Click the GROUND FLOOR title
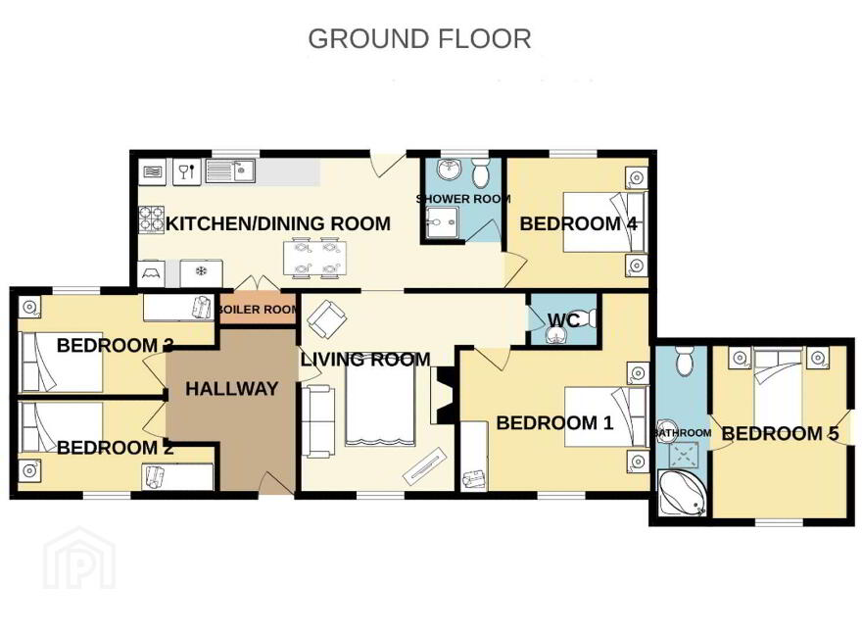click(x=419, y=39)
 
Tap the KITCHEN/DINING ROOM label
click(x=278, y=223)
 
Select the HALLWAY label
click(x=231, y=389)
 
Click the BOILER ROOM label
click(x=259, y=309)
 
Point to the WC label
click(x=563, y=319)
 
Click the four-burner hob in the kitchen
click(x=151, y=219)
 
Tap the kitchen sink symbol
click(x=230, y=171)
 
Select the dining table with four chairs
click(x=315, y=257)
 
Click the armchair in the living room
click(x=326, y=319)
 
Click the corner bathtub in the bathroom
click(x=682, y=493)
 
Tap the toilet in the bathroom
click(x=685, y=361)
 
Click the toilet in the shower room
click(x=482, y=172)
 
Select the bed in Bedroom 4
click(x=604, y=221)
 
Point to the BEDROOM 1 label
click(x=554, y=423)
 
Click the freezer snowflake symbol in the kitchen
click(x=201, y=271)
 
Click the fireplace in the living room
click(x=443, y=396)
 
